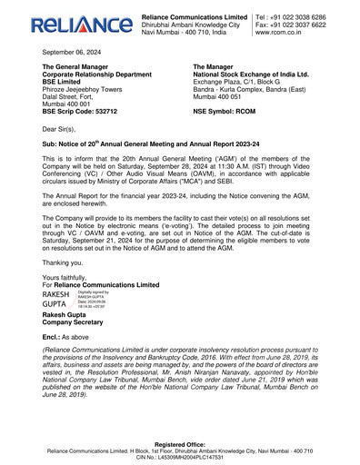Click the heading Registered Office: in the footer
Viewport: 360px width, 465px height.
[x=180, y=444]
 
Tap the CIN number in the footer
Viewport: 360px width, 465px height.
[x=180, y=458]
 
